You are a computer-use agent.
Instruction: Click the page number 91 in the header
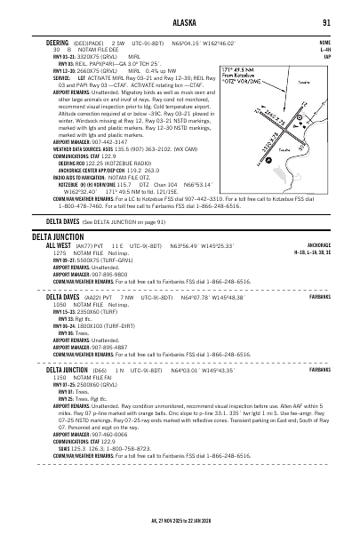pyautogui.click(x=327, y=22)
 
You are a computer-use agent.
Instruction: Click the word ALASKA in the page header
pyautogui.click(x=181, y=22)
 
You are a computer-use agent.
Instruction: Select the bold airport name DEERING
pyautogui.click(x=58, y=41)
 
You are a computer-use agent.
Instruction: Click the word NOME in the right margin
pyautogui.click(x=324, y=41)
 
